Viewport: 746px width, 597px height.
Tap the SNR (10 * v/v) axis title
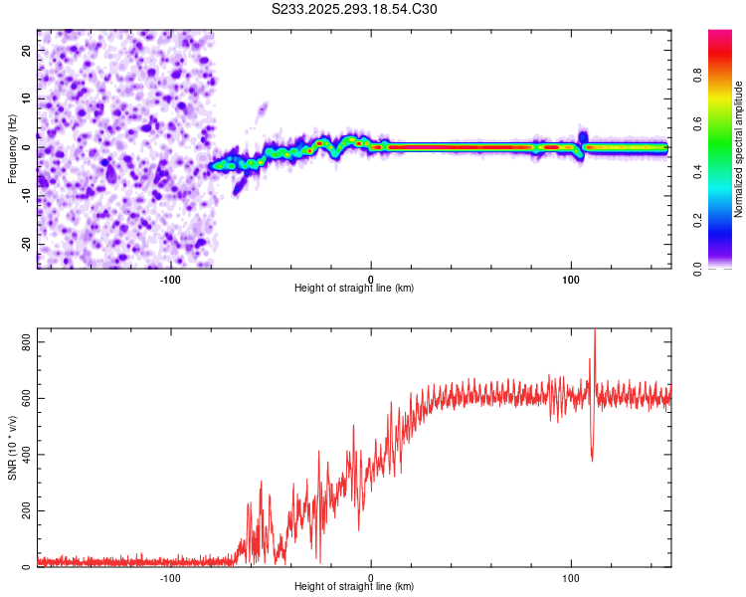tap(12, 448)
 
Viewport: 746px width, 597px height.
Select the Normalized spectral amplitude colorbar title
tap(739, 149)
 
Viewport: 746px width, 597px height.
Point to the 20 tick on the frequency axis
tap(25, 51)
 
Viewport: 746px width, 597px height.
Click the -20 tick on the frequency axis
tap(23, 244)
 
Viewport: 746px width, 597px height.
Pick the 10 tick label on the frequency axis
tap(25, 99)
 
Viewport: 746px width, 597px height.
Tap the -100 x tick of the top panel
tap(170, 279)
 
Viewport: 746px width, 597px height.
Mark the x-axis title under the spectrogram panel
tap(354, 289)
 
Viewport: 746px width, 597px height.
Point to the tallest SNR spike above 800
tap(595, 333)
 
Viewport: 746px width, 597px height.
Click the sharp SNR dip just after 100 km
tap(592, 459)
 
